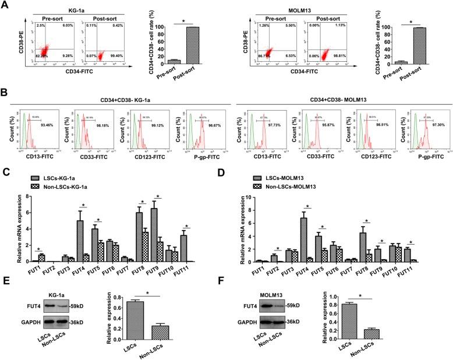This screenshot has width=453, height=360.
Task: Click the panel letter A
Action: pos(5,5)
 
